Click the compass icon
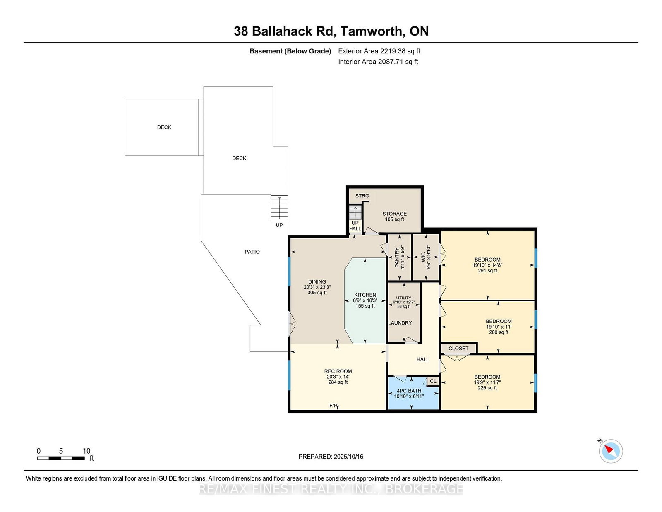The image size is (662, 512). click(x=611, y=451)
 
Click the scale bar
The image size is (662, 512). click(x=61, y=458)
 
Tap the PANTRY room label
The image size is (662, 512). click(x=399, y=258)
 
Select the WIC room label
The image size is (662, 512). click(x=426, y=257)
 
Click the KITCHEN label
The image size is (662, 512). click(x=365, y=295)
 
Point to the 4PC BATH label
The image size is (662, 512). click(x=409, y=391)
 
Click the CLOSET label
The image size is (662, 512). click(x=458, y=349)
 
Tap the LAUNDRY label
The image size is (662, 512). click(x=400, y=323)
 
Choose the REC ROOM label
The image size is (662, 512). click(x=338, y=371)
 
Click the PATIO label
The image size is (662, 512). click(x=252, y=252)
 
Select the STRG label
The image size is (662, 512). click(x=362, y=196)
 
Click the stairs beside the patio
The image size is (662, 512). click(x=279, y=208)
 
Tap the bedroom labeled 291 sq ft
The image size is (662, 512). click(x=487, y=265)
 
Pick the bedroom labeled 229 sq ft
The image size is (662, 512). click(x=487, y=382)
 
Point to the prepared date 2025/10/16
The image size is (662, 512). click(x=348, y=457)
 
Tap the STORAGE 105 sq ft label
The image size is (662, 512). click(x=395, y=216)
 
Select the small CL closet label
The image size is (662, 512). click(x=433, y=381)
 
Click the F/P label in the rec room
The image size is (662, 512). click(x=333, y=406)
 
